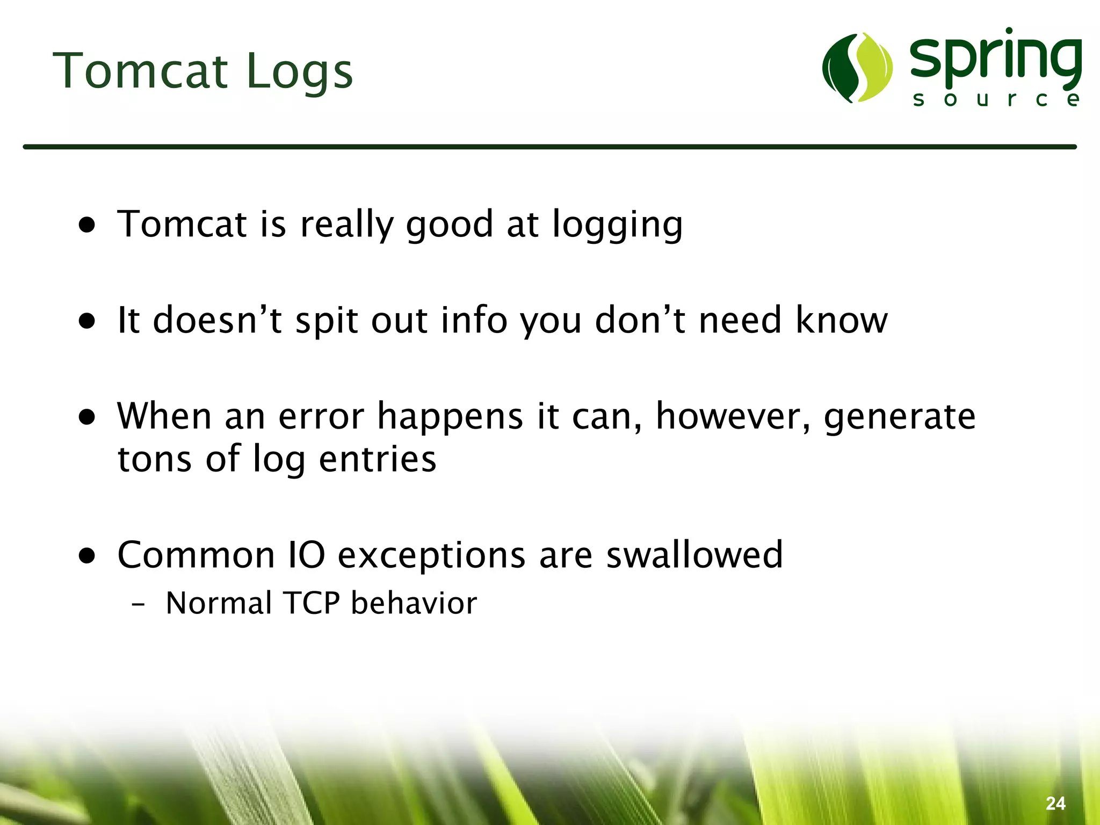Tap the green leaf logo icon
click(857, 68)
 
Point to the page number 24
click(1055, 804)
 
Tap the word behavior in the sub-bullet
click(414, 603)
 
